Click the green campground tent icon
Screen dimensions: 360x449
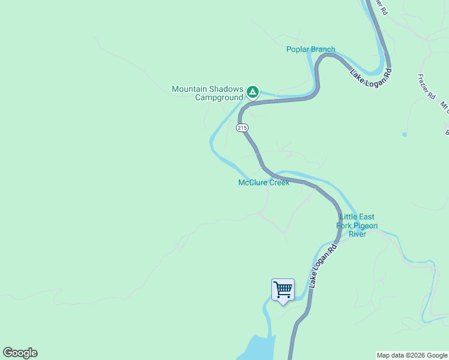(253, 92)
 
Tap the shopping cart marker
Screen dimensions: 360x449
(283, 290)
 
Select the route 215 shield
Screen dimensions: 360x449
(242, 128)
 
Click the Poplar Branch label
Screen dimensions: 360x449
(310, 49)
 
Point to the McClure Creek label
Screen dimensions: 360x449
(264, 182)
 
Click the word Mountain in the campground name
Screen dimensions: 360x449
(190, 89)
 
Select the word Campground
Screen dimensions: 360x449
(219, 97)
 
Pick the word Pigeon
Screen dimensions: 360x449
(365, 226)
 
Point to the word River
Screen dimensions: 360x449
(357, 234)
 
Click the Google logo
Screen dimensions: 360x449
(20, 353)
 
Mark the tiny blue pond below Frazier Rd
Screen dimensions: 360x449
(405, 134)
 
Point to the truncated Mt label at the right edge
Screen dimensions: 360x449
(444, 107)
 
